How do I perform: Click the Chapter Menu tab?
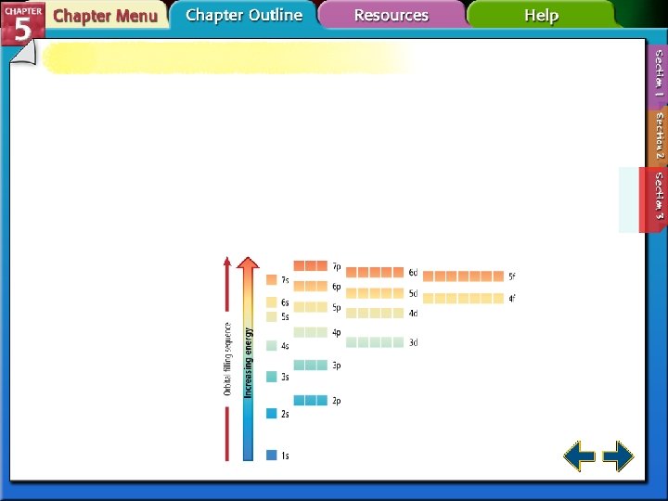click(x=104, y=16)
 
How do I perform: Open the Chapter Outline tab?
click(x=244, y=15)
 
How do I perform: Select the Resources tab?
click(x=391, y=15)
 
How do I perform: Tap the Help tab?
click(x=541, y=15)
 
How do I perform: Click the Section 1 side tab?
click(x=658, y=74)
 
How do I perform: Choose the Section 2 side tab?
click(x=658, y=135)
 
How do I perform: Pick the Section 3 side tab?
click(x=658, y=196)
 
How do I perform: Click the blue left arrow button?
click(x=580, y=456)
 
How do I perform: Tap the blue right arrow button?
click(x=618, y=456)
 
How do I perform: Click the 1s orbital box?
click(x=271, y=456)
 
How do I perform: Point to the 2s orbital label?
click(x=285, y=414)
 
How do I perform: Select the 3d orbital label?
click(x=413, y=342)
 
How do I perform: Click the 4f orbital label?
click(x=511, y=299)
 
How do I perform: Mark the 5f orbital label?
click(x=511, y=276)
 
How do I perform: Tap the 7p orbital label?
click(x=337, y=266)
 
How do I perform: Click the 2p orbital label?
click(x=337, y=401)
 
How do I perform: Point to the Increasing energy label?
click(x=248, y=363)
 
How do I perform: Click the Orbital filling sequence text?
click(x=227, y=359)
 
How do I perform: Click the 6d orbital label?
click(x=413, y=273)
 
